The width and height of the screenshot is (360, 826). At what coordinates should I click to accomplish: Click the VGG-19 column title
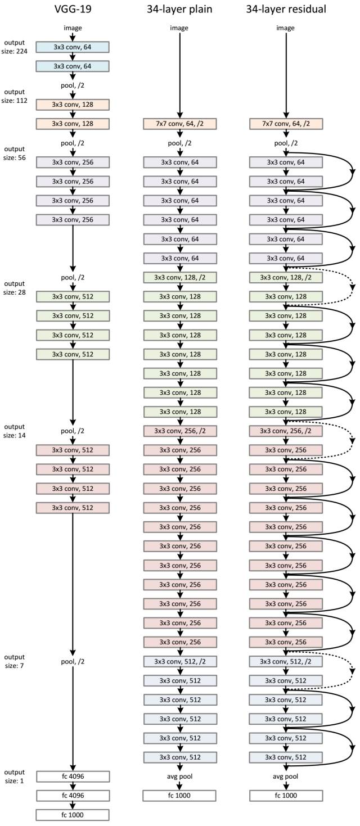(73, 9)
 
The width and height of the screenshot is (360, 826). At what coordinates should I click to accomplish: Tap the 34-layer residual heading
(286, 9)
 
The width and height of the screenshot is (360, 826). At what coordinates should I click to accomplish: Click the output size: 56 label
(15, 153)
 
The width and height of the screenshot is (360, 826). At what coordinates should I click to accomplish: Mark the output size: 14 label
(15, 430)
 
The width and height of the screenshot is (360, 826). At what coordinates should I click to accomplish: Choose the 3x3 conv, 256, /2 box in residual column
(286, 431)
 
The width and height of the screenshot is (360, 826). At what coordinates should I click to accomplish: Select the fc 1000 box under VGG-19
(73, 814)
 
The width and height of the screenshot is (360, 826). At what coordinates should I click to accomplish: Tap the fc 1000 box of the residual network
(286, 795)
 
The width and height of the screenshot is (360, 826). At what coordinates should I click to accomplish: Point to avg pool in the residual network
(286, 776)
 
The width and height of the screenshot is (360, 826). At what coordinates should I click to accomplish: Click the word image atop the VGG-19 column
(73, 28)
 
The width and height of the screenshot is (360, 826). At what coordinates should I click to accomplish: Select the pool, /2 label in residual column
(286, 143)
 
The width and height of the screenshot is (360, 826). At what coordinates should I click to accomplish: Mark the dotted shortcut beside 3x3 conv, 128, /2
(352, 287)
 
